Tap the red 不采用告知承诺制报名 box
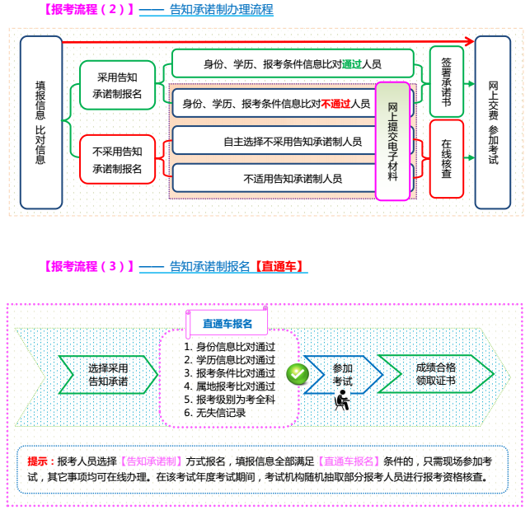(116, 160)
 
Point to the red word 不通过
(335, 104)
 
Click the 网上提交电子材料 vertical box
(392, 141)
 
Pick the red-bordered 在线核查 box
(446, 159)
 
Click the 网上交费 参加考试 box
(493, 122)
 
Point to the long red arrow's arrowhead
(470, 41)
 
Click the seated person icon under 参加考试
(342, 401)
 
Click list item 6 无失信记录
(215, 413)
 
